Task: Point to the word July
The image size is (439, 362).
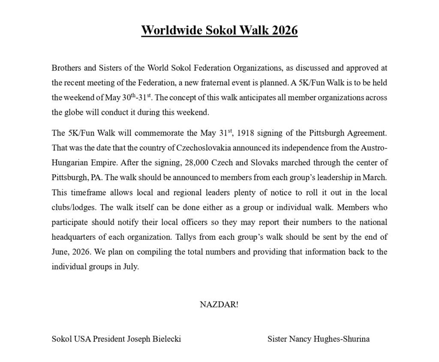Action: [130, 266]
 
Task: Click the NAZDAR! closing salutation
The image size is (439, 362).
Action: [219, 305]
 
